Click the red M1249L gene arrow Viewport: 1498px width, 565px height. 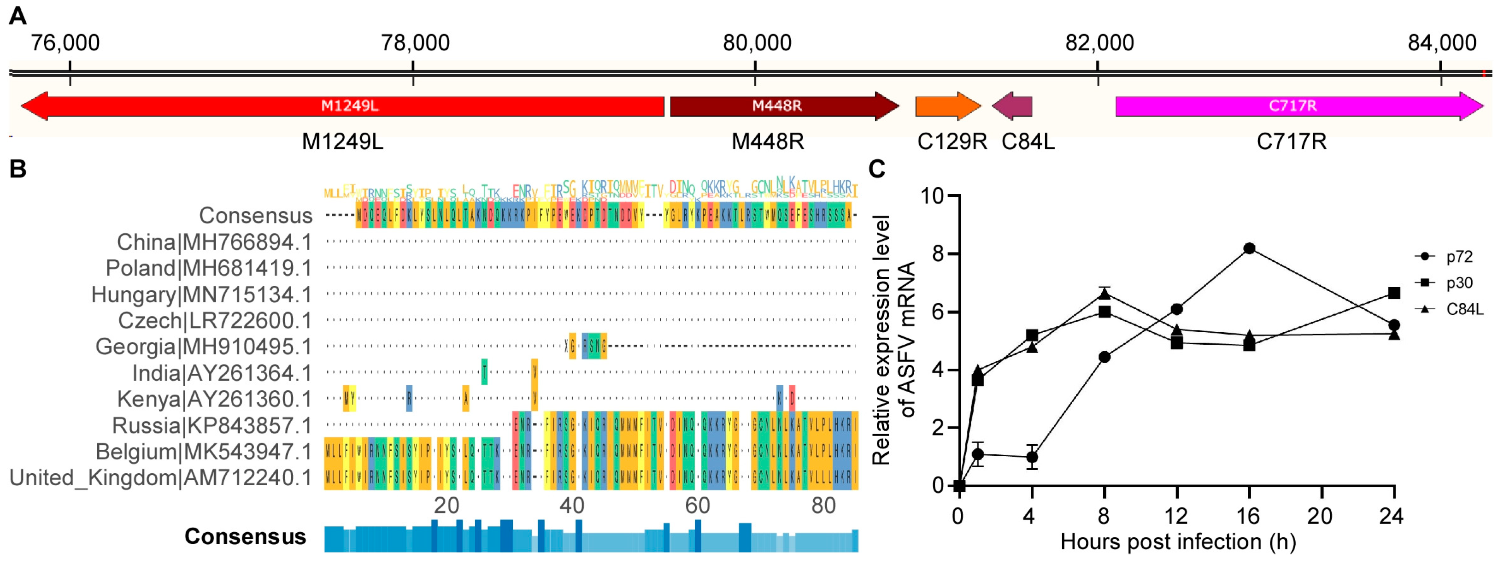click(343, 106)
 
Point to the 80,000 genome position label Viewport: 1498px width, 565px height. click(757, 43)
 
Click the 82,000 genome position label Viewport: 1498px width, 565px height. click(1099, 43)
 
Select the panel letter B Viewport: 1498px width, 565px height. click(18, 169)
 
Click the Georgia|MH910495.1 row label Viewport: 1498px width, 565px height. click(204, 347)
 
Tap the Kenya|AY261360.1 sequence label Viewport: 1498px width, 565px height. click(214, 399)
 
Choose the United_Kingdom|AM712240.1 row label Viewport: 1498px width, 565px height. click(160, 478)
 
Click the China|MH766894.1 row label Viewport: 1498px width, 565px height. click(214, 242)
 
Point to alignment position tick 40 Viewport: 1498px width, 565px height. click(572, 506)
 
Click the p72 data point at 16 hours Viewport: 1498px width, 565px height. click(1249, 248)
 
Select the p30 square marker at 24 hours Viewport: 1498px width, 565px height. click(1393, 293)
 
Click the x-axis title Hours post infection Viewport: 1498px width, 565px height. click(1178, 541)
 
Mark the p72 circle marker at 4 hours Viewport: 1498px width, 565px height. click(1032, 457)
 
